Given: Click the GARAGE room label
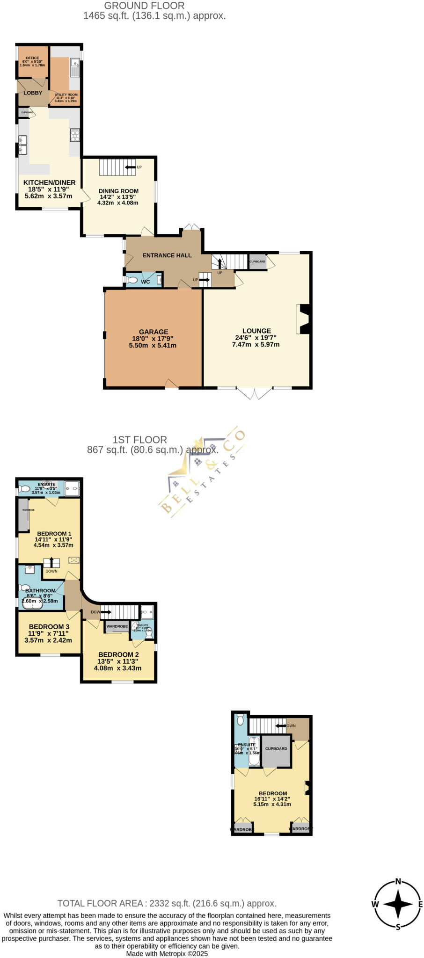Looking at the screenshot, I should [154, 332].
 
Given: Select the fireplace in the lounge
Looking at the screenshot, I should [304, 319].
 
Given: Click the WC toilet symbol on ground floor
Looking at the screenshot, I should [132, 281].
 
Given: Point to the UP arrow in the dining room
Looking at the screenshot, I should [131, 167].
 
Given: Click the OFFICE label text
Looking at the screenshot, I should [32, 58].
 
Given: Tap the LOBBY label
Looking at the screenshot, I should [33, 93].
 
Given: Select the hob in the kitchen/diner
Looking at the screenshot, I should [75, 135].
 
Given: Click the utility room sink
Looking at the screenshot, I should [74, 68].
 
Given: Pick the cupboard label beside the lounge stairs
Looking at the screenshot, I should [257, 261].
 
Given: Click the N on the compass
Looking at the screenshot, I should [398, 881].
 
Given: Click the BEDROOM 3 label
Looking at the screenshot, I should [49, 627].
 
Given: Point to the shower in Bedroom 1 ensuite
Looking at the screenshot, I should [72, 488].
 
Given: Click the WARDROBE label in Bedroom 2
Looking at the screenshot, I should [117, 626].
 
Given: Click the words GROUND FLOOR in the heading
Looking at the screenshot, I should [144, 6].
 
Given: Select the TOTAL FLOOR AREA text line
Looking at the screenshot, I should [167, 903].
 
